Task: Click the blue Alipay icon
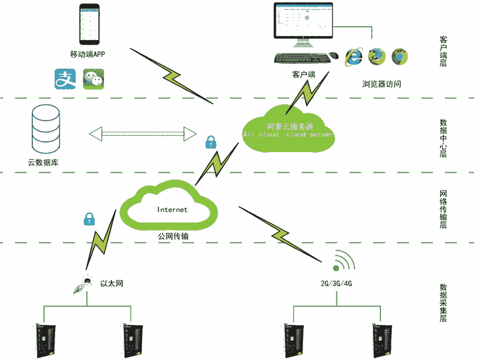pyautogui.click(x=65, y=79)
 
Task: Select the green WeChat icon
pyautogui.click(x=94, y=79)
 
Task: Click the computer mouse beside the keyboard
pyautogui.click(x=334, y=56)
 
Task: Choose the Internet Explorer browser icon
pyautogui.click(x=354, y=56)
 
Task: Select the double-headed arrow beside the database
pyautogui.click(x=143, y=134)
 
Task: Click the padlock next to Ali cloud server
pyautogui.click(x=211, y=142)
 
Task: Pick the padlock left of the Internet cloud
pyautogui.click(x=89, y=218)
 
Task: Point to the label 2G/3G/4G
pyautogui.click(x=336, y=284)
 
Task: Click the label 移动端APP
pyautogui.click(x=87, y=55)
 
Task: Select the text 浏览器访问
pyautogui.click(x=382, y=84)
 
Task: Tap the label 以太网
pyautogui.click(x=111, y=284)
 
